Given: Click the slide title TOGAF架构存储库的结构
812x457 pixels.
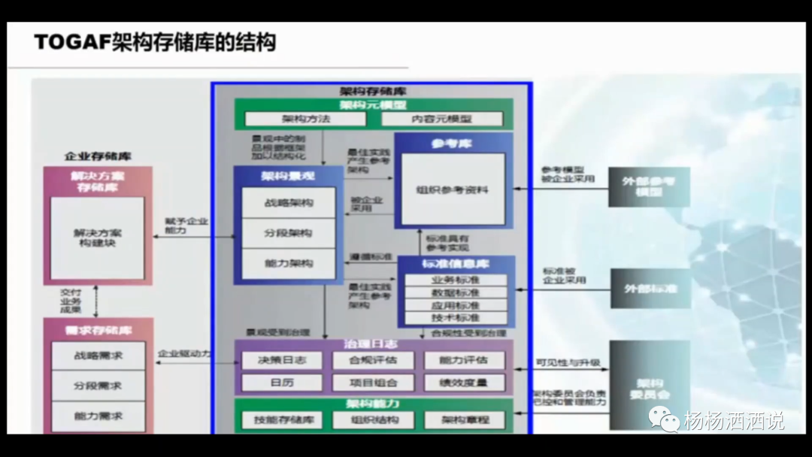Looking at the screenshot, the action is pos(155,41).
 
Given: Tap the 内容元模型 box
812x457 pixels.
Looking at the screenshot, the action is pos(442,119).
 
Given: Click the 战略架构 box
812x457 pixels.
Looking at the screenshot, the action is pos(289,203).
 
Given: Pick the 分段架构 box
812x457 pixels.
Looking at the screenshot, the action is pos(289,233).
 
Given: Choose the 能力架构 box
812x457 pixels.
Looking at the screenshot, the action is pos(289,264).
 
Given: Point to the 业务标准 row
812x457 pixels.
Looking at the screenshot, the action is pos(456,280).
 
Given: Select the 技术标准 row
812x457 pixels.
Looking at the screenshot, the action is pos(456,319).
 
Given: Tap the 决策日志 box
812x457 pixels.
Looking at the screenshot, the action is pos(282,360).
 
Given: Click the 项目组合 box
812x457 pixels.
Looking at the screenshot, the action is pos(373,383).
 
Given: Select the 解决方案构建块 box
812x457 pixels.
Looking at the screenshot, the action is pos(98,238).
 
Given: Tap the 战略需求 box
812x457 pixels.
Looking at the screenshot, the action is pos(98,355).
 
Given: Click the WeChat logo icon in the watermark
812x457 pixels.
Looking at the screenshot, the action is pos(665,419).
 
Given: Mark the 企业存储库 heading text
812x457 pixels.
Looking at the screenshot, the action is pos(98,156).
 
